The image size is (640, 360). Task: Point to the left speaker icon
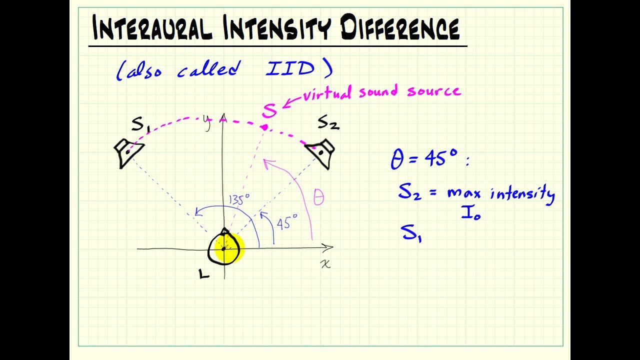tap(128, 152)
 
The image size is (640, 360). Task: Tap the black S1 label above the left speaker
tap(140, 124)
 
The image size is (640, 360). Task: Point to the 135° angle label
tap(239, 200)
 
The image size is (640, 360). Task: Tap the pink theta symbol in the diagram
tap(318, 197)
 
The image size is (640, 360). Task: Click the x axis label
tap(325, 263)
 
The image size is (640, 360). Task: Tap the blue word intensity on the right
tap(522, 193)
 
